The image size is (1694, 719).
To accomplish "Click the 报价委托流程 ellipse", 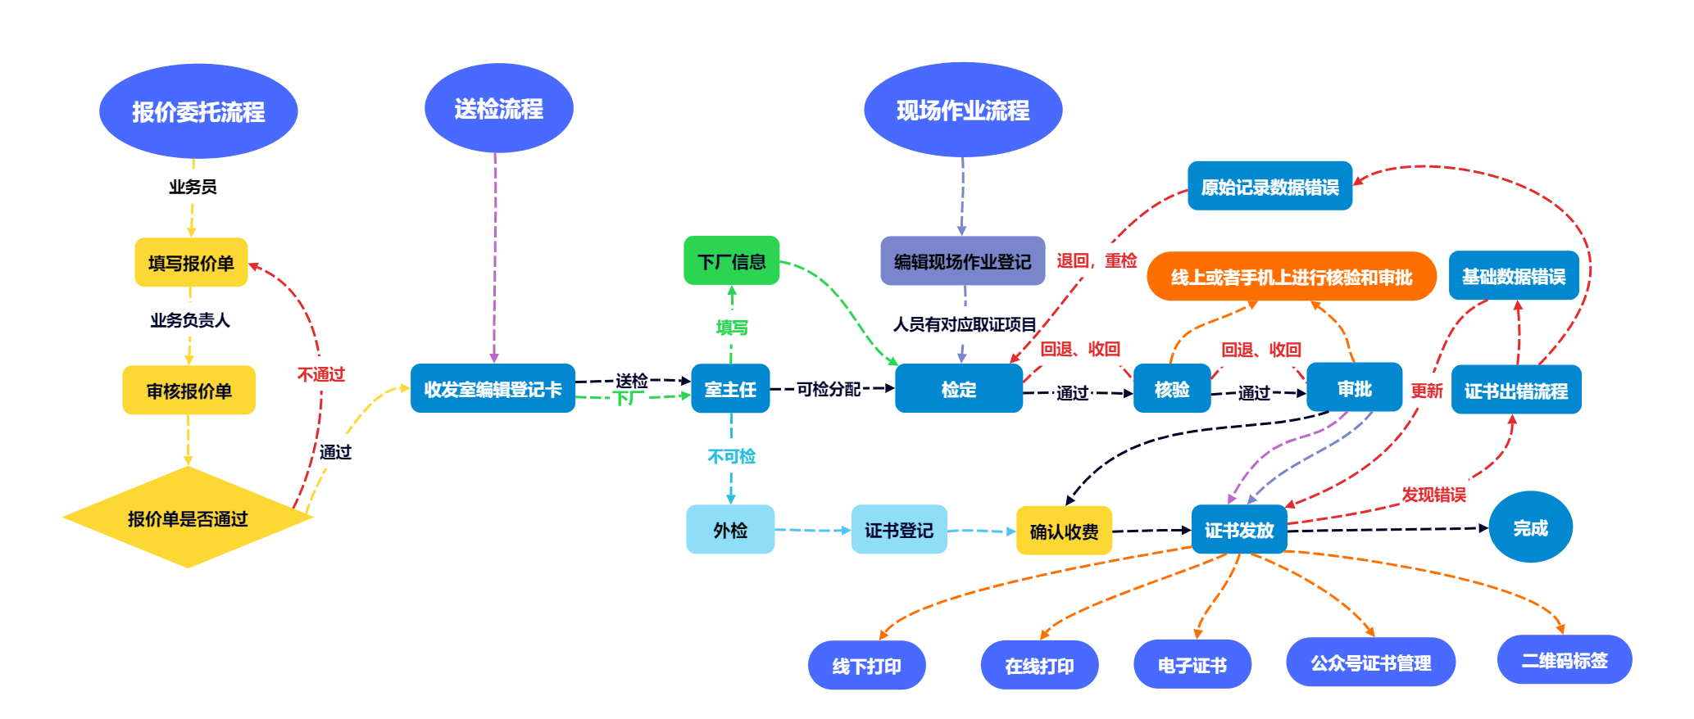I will pos(198,111).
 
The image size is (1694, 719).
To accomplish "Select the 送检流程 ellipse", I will pos(498,108).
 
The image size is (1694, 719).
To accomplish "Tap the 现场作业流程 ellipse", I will pos(963,110).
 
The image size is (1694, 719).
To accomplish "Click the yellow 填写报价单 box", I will pos(191,263).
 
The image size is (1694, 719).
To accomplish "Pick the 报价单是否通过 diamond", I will pos(188,518).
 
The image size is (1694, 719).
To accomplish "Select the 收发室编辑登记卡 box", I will pos(493,389).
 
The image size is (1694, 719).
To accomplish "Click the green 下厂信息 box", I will pos(731,261).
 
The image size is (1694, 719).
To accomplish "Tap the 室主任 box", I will pos(730,389).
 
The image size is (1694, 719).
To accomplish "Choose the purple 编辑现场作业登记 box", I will pos(962,261).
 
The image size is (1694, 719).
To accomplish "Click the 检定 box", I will pos(958,389).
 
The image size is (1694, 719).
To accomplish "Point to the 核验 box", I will pos(1171,389).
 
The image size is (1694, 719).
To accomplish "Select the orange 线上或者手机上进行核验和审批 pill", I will pos(1291,277).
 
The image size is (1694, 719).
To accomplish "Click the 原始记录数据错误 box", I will pos(1269,187).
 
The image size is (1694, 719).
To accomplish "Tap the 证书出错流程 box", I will pos(1515,391).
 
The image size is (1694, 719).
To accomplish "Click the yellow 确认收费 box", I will pos(1064,531).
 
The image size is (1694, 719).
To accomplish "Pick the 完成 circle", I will pos(1530,527).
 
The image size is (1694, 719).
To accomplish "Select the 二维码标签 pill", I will pos(1564,660).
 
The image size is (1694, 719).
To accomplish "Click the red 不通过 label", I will pos(321,374).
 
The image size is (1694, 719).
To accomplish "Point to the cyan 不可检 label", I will pos(731,456).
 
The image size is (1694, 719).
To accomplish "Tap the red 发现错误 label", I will pos(1433,495).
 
